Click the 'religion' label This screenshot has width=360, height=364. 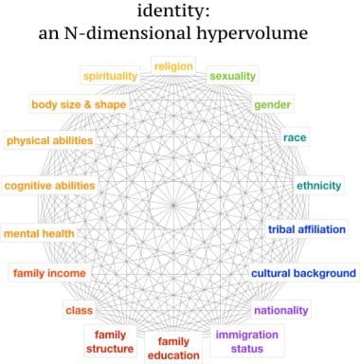tap(173, 67)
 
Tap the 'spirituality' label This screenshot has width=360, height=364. tap(111, 76)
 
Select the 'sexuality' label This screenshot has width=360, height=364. tap(233, 76)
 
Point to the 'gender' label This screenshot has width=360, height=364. tap(273, 104)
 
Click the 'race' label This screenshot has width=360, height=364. tap(294, 138)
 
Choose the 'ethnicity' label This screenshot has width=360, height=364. tap(319, 185)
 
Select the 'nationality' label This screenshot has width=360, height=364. tap(281, 310)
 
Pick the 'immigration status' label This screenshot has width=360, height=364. tap(246, 341)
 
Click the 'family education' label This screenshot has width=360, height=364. tap(173, 348)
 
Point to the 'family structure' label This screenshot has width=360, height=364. tap(111, 340)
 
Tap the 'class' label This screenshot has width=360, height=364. tap(77, 310)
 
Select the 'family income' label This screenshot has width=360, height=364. tap(49, 274)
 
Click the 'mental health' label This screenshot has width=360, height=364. tap(39, 232)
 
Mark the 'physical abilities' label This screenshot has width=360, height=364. tap(49, 141)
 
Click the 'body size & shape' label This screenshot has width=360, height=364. tap(78, 104)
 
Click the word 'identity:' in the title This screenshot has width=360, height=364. tap(180, 13)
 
